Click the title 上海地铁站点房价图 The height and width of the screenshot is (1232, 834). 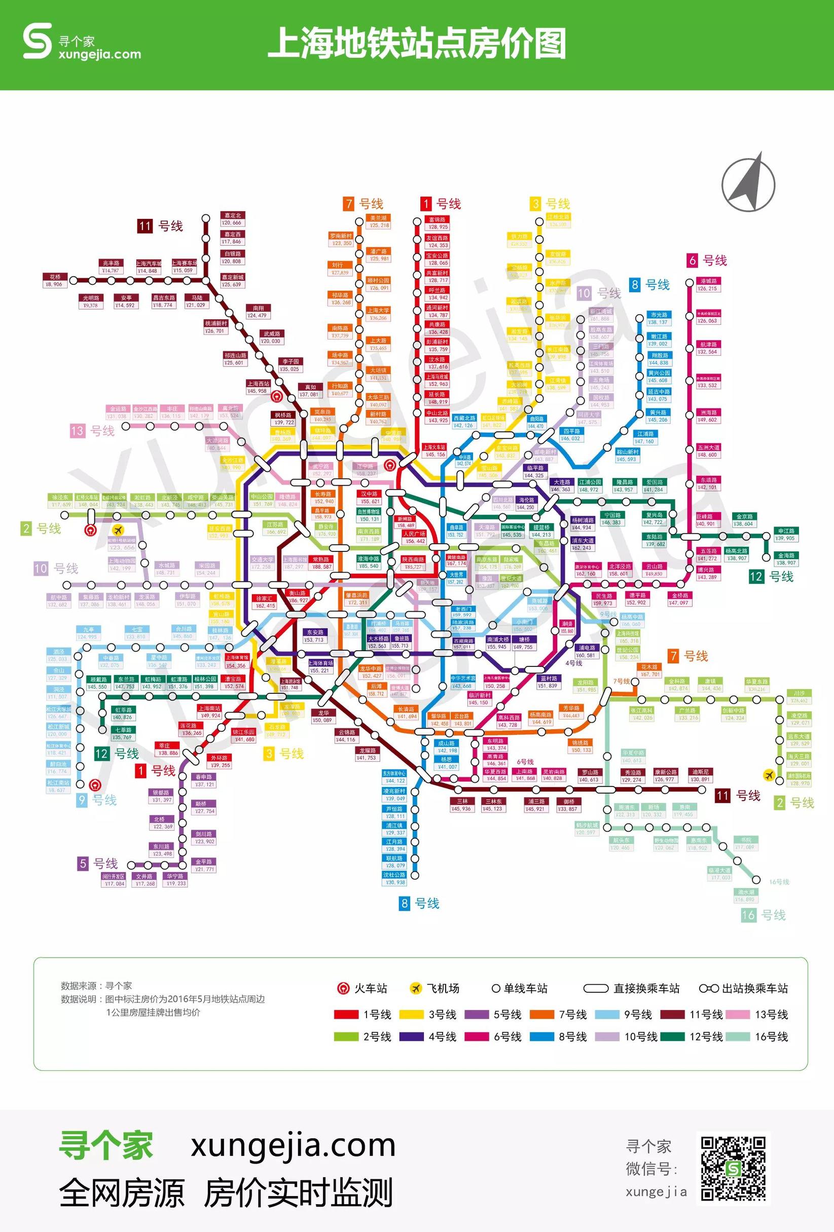pyautogui.click(x=417, y=44)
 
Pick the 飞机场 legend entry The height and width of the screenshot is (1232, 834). pyautogui.click(x=435, y=988)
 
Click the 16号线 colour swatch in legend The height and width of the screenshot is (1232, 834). pyautogui.click(x=739, y=1036)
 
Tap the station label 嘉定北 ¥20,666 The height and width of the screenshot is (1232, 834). pyautogui.click(x=232, y=219)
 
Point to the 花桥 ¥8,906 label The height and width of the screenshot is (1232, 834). pyautogui.click(x=55, y=280)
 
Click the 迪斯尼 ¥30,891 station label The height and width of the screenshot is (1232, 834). pyautogui.click(x=700, y=775)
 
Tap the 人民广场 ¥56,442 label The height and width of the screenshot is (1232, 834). pyautogui.click(x=414, y=537)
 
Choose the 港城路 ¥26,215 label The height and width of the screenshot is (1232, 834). pyautogui.click(x=708, y=285)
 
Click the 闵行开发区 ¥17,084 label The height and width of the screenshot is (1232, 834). pyautogui.click(x=114, y=879)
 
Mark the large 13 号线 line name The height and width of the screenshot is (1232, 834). pyautogui.click(x=92, y=430)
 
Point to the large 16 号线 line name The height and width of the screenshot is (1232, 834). pyautogui.click(x=764, y=914)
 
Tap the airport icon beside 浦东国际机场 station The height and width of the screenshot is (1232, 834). pyautogui.click(x=768, y=775)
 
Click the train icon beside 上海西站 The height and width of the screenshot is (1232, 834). pyautogui.click(x=276, y=396)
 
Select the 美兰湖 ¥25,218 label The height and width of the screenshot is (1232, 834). pyautogui.click(x=379, y=221)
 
